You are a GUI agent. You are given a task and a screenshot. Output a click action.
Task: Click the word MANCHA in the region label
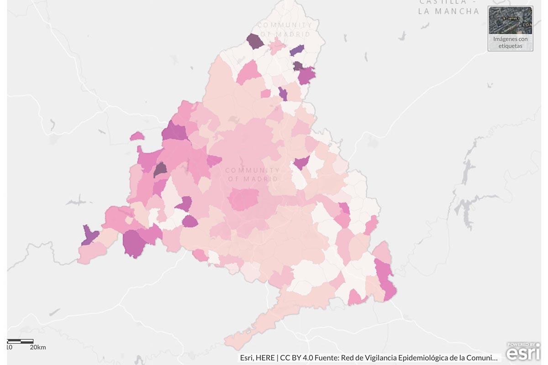[456, 11]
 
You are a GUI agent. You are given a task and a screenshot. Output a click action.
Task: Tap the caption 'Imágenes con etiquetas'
[510, 42]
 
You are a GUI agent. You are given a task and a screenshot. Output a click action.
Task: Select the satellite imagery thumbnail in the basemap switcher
[510, 21]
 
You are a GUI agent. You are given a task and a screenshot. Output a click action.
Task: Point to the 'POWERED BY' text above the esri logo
[521, 344]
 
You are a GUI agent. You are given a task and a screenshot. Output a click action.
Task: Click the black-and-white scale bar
[21, 341]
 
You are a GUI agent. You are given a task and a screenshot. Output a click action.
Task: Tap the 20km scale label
[38, 348]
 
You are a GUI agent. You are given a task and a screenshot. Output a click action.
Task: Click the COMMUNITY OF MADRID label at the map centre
[253, 174]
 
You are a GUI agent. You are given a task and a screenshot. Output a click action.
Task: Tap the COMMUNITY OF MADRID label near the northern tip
[285, 29]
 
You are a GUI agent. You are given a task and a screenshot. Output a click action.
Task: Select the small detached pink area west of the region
[137, 136]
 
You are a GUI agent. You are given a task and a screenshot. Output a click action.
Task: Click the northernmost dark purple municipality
[255, 42]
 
